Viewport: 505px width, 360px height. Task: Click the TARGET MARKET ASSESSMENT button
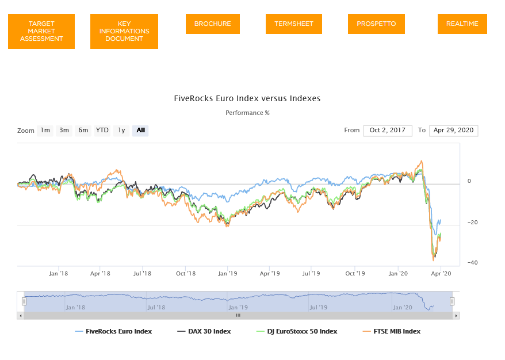point(41,31)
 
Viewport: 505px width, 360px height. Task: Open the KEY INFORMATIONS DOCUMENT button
point(124,31)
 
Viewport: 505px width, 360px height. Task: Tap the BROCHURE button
point(213,24)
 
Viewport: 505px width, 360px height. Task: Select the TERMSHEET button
point(294,24)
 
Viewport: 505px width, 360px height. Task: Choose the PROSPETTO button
point(376,24)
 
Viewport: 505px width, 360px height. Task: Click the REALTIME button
point(462,24)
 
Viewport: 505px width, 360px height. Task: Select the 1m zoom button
point(45,131)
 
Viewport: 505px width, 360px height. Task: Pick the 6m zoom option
point(83,131)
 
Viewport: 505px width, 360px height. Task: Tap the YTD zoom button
point(102,131)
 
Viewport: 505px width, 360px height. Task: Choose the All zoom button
point(140,131)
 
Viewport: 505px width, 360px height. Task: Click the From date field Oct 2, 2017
point(388,131)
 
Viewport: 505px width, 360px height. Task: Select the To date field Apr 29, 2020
point(453,131)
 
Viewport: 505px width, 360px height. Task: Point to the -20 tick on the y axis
point(472,222)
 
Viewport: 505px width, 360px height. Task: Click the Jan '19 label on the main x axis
point(227,273)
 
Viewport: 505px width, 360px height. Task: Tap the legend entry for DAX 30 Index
point(204,331)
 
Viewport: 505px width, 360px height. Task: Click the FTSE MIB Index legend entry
point(392,331)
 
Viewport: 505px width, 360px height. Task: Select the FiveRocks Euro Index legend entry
point(113,331)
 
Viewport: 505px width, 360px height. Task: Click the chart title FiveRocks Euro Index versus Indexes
point(247,98)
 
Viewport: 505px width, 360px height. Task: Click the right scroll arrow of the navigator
point(456,316)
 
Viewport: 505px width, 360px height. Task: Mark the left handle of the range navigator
point(24,301)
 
